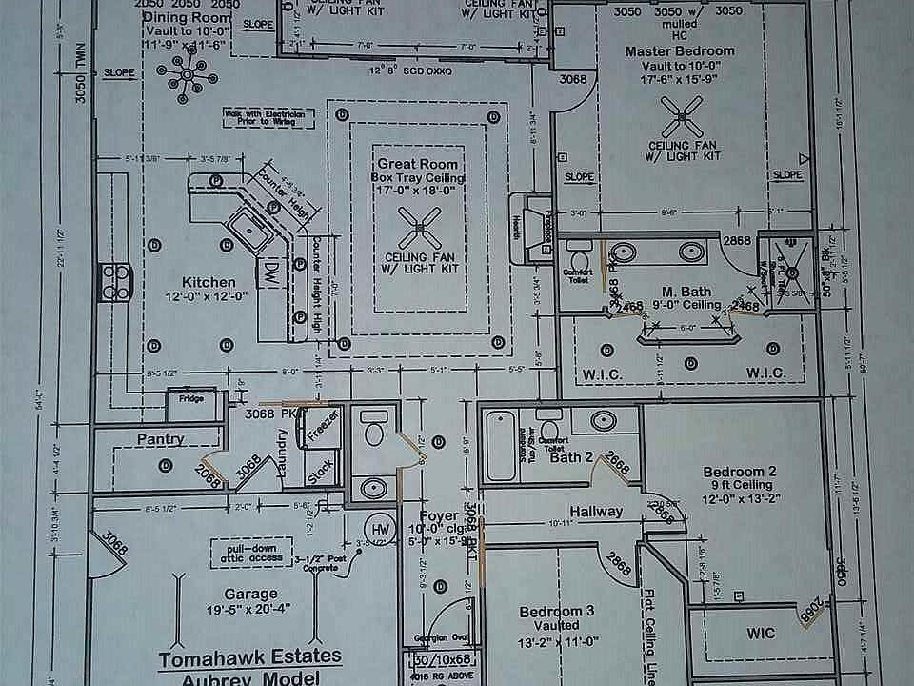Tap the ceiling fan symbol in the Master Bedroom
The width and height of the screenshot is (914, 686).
coord(684,120)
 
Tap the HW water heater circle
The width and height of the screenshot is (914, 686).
coord(380,530)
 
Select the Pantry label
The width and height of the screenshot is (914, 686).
coord(160,439)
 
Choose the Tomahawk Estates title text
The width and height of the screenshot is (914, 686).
coord(250,658)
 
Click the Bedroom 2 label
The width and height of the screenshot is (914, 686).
coord(740,472)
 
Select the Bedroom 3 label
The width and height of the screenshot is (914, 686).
coord(557,611)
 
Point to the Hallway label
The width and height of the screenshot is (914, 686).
coord(597,512)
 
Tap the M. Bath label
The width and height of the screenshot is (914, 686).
coord(682,290)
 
